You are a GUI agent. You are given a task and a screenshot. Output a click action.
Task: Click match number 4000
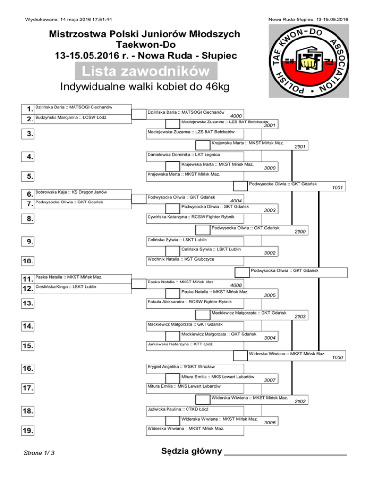pyautogui.click(x=237, y=116)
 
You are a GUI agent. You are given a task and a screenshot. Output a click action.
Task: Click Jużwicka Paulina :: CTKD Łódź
pyautogui.click(x=178, y=409)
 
